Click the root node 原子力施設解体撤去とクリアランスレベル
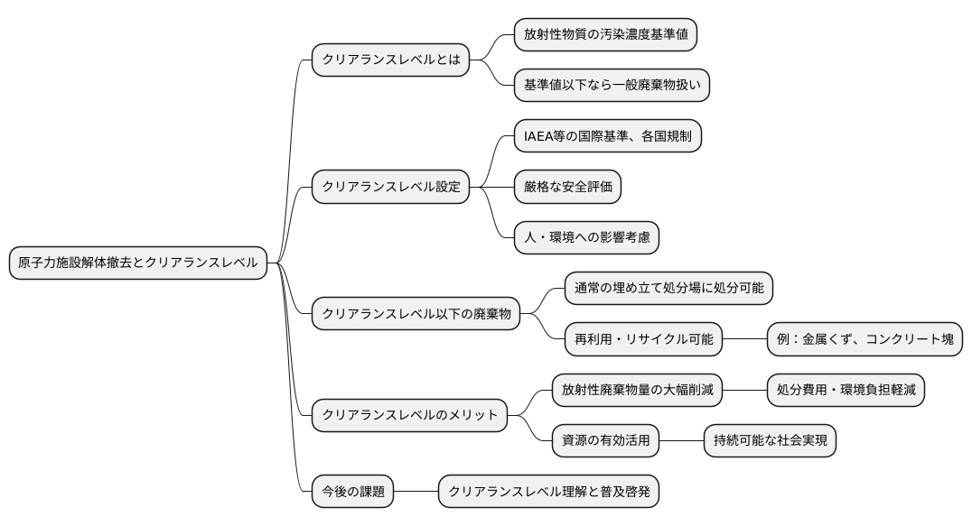coord(138,263)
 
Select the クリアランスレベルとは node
coord(390,60)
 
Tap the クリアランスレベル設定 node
coord(390,187)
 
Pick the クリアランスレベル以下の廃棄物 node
coord(416,314)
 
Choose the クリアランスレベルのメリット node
coord(409,415)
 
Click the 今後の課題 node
coord(352,493)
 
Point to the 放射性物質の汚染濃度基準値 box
coord(605,35)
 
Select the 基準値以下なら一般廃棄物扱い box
coord(612,86)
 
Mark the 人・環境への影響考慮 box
coord(586,237)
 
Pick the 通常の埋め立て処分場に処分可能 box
coord(669,288)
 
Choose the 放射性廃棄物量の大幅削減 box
coord(637,390)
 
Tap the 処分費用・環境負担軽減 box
coord(846,390)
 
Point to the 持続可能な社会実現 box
coord(770,441)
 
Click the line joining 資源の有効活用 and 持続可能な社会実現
coord(681,441)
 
